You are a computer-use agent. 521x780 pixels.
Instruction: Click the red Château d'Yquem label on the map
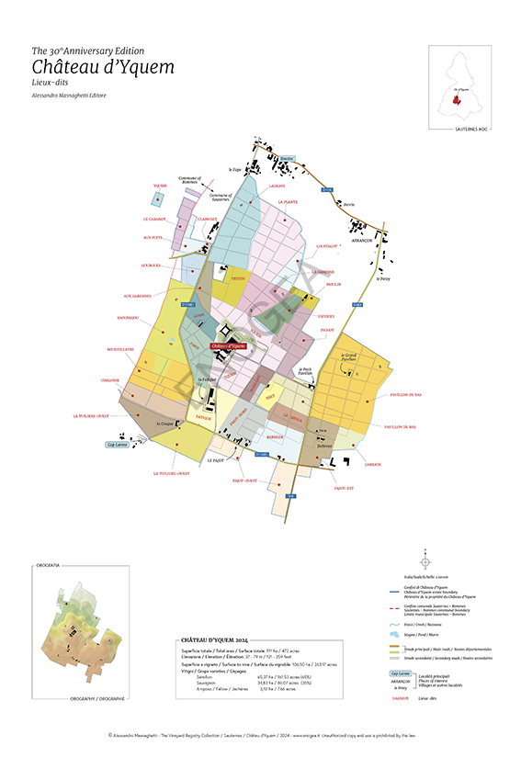[229, 346]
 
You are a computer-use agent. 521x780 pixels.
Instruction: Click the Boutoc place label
[286, 158]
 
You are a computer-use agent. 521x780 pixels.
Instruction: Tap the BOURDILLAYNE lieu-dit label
[120, 349]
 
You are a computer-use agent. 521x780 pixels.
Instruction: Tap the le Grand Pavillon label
[355, 356]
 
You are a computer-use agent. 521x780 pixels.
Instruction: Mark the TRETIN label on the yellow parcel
[237, 277]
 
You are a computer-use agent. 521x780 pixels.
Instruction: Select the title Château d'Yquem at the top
[102, 67]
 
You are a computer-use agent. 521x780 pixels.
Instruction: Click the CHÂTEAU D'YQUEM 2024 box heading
[214, 639]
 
